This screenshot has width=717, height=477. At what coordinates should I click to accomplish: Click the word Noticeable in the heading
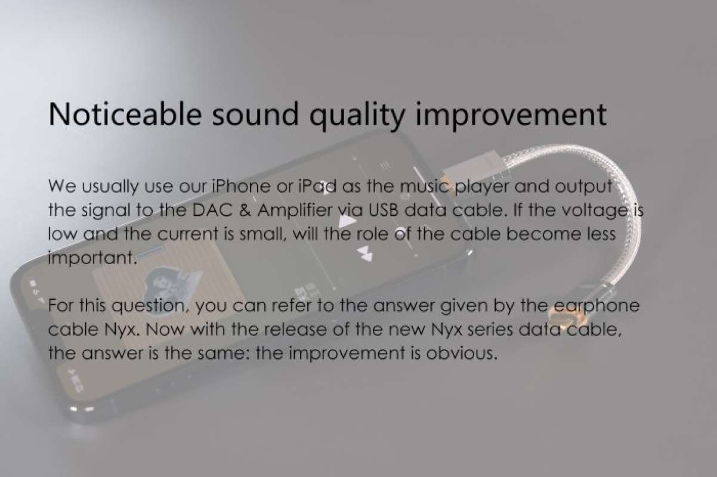[x=123, y=113]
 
